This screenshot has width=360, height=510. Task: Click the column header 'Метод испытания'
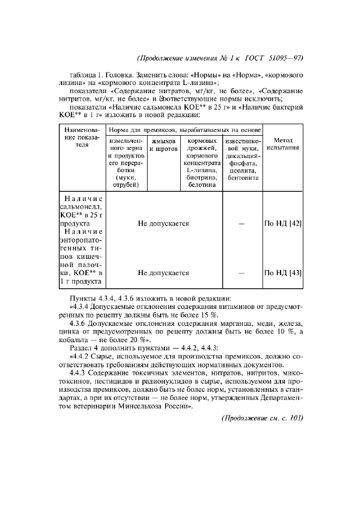pos(283,144)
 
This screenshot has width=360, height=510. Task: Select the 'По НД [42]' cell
pos(283,223)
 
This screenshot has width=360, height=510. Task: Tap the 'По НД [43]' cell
pos(283,273)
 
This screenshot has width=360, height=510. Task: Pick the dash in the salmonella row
pos(241,223)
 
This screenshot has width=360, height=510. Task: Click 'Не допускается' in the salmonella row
pos(163,223)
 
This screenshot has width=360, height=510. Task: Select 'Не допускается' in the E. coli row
pos(163,273)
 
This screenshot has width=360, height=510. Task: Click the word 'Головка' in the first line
pos(121,74)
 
